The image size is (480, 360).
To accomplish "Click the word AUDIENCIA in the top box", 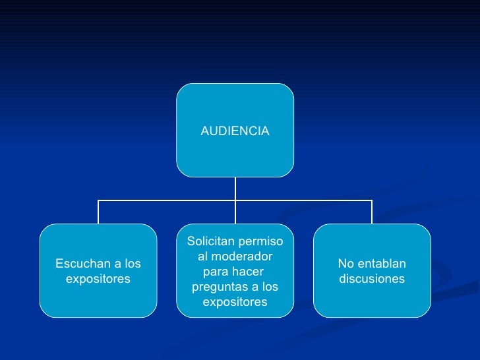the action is tap(235, 131).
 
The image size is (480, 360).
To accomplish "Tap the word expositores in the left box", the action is tap(98, 279).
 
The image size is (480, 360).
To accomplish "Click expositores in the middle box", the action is tap(235, 302).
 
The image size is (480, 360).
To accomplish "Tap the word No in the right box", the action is tap(345, 264).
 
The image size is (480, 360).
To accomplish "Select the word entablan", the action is tap(382, 264).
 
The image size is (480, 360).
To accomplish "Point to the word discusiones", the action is tap(372, 279).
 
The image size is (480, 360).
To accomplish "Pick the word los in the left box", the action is tap(132, 264).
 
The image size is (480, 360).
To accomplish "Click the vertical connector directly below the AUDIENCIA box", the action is tap(235, 188).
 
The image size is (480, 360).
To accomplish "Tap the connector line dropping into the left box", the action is tap(98, 212).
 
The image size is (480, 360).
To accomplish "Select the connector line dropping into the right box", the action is tap(372, 212).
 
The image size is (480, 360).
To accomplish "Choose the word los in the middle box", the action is tap(270, 287).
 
